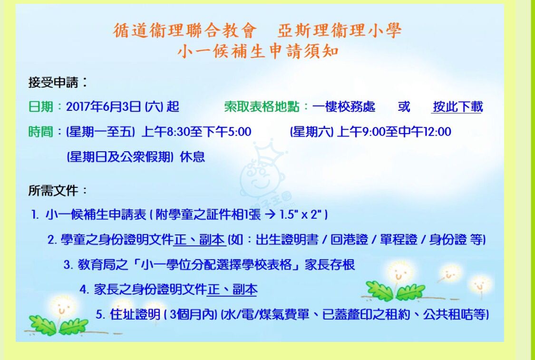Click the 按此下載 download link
click(457, 107)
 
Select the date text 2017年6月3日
click(103, 107)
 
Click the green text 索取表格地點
click(262, 107)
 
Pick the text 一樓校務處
click(343, 107)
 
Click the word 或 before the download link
click(404, 107)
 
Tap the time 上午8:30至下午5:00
click(196, 132)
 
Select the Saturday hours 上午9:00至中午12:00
click(394, 132)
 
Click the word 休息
click(193, 156)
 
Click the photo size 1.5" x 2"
click(301, 214)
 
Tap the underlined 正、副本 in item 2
click(200, 240)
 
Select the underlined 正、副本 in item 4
click(232, 289)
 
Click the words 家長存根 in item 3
click(330, 264)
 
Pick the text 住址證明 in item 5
click(135, 314)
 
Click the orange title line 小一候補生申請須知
click(258, 51)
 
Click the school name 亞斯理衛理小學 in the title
click(339, 30)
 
